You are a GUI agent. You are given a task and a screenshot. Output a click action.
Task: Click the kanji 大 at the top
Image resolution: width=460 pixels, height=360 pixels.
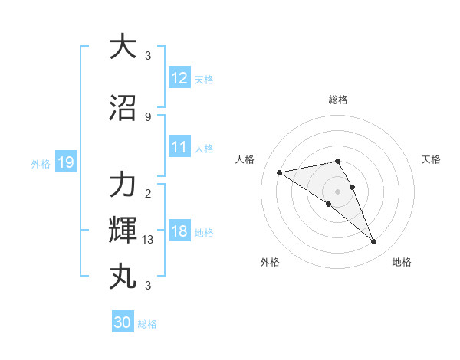(123, 47)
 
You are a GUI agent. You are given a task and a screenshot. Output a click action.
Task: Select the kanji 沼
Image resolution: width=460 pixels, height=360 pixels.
(123, 107)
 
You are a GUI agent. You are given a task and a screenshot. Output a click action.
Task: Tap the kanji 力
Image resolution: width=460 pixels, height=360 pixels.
(123, 185)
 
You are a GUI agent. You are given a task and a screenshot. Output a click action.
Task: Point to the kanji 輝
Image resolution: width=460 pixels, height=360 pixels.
(123, 230)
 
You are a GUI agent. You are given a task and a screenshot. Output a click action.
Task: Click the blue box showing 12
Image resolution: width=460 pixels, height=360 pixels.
(179, 78)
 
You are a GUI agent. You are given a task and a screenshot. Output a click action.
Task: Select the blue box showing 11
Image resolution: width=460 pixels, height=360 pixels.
(179, 147)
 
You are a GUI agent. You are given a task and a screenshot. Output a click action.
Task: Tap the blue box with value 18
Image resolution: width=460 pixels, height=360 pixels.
(179, 231)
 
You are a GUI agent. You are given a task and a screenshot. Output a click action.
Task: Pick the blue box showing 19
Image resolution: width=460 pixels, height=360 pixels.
(65, 162)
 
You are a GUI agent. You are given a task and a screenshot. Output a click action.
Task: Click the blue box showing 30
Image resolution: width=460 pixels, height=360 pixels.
(123, 322)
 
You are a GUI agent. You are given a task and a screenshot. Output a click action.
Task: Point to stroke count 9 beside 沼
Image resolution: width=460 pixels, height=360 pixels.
(148, 116)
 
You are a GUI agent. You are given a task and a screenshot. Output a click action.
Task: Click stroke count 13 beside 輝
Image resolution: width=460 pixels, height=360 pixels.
(149, 240)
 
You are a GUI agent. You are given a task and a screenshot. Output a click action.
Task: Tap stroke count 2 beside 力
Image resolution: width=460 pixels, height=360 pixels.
(148, 193)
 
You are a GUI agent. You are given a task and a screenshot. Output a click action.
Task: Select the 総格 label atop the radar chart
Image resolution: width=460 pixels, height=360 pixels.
(337, 100)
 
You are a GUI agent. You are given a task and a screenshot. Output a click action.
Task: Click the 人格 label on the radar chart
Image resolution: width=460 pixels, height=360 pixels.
(245, 159)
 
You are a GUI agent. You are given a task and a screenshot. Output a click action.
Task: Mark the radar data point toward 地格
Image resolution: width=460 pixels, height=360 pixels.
(373, 242)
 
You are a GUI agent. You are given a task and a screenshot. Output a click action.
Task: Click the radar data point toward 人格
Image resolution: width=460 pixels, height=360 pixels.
(280, 172)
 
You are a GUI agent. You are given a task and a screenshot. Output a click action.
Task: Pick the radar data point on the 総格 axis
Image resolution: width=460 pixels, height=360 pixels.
(337, 161)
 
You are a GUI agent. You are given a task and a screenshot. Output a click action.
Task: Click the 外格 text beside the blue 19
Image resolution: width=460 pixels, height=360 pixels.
(40, 163)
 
